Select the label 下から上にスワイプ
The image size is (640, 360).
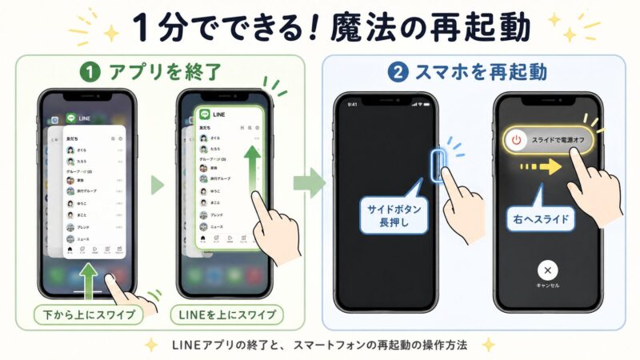[x=89, y=314]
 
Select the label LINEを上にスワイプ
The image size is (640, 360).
[x=228, y=314]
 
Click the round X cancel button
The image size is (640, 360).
[x=547, y=269]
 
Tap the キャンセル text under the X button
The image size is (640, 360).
[x=547, y=286]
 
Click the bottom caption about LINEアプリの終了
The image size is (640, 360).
[x=320, y=345]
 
